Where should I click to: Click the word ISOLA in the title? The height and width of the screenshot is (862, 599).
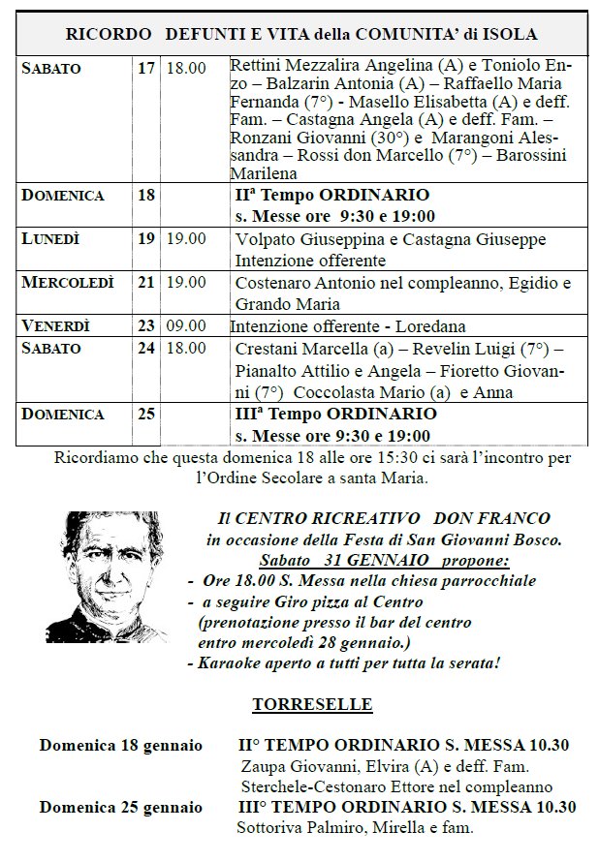coord(513,35)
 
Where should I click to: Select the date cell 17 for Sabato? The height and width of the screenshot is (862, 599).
coord(146,69)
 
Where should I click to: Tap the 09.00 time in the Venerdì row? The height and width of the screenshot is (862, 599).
coord(186,326)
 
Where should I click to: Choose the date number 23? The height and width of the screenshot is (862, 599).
coord(146,326)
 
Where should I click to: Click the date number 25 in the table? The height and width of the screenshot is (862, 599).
coord(146,414)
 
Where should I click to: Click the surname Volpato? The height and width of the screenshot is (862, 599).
coord(264,239)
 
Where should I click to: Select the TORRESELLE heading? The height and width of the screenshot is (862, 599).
coord(299,705)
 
